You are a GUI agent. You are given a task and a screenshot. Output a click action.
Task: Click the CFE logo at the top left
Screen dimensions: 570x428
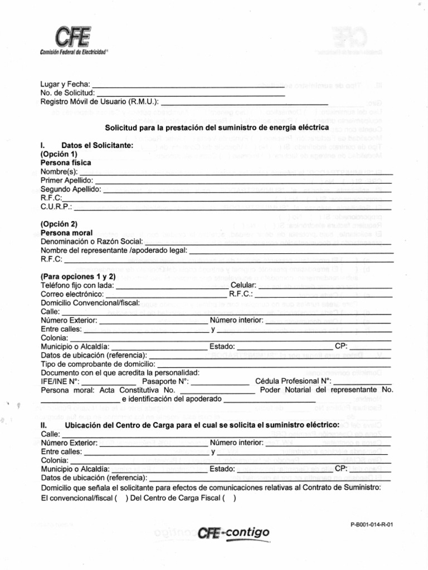(x=73, y=41)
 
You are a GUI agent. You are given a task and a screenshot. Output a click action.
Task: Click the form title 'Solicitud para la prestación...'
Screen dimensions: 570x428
(x=217, y=127)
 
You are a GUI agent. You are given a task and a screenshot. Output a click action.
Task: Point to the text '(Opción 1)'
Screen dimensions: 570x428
(x=59, y=154)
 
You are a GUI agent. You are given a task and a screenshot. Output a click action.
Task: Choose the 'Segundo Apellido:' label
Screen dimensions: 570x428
(x=71, y=189)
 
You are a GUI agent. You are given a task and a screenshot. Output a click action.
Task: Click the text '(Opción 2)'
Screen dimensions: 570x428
(x=59, y=224)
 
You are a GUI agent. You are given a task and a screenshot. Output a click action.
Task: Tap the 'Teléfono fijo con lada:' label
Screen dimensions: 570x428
(x=77, y=286)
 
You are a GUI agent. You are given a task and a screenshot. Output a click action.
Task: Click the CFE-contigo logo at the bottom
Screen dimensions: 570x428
(x=234, y=533)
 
